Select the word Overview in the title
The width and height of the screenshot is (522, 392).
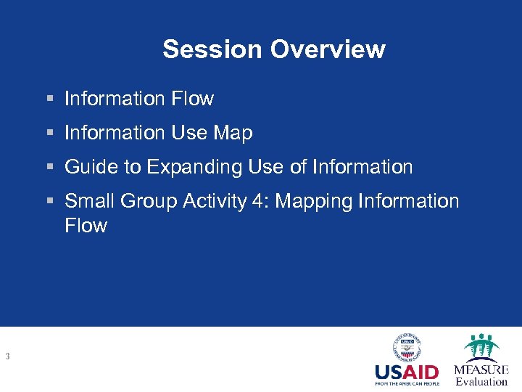(328, 49)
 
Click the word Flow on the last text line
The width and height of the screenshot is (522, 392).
(86, 226)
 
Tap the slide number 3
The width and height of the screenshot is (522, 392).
(7, 356)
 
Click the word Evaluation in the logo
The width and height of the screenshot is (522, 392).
(481, 382)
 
